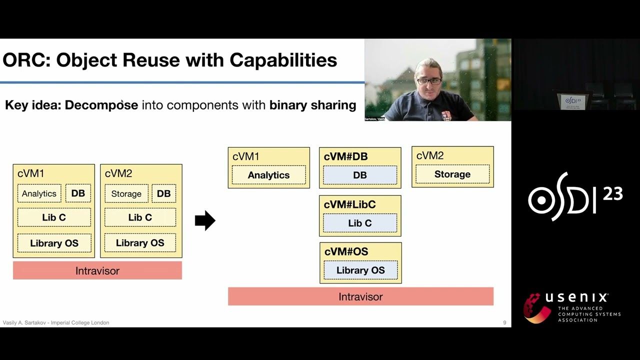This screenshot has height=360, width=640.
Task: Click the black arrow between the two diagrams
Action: (x=205, y=220)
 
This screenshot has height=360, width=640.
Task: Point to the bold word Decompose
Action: (x=101, y=105)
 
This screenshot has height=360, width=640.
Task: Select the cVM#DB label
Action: (x=345, y=156)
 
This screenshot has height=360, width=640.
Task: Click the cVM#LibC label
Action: (x=349, y=204)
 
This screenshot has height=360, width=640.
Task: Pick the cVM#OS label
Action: (x=346, y=251)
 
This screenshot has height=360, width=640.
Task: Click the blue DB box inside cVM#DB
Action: (x=360, y=175)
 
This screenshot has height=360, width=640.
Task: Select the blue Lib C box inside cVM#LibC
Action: (x=360, y=223)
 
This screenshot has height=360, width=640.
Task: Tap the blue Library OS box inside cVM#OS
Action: (x=360, y=270)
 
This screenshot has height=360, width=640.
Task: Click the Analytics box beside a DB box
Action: (x=39, y=193)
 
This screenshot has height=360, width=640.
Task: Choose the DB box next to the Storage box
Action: (x=163, y=193)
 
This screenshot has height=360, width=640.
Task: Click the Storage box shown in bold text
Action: (x=452, y=174)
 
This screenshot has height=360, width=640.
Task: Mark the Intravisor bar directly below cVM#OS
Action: (x=360, y=296)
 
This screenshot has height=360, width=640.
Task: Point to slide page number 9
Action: (x=504, y=323)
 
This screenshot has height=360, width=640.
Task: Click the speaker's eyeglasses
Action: (x=429, y=80)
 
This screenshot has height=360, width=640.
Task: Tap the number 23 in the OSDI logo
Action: (x=612, y=193)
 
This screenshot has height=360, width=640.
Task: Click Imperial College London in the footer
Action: (x=80, y=323)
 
